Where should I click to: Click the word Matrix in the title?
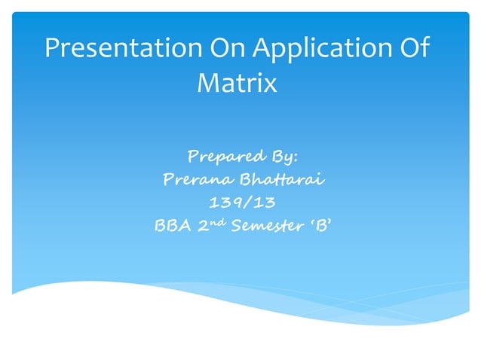[237, 82]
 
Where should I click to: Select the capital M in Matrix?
[208, 82]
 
